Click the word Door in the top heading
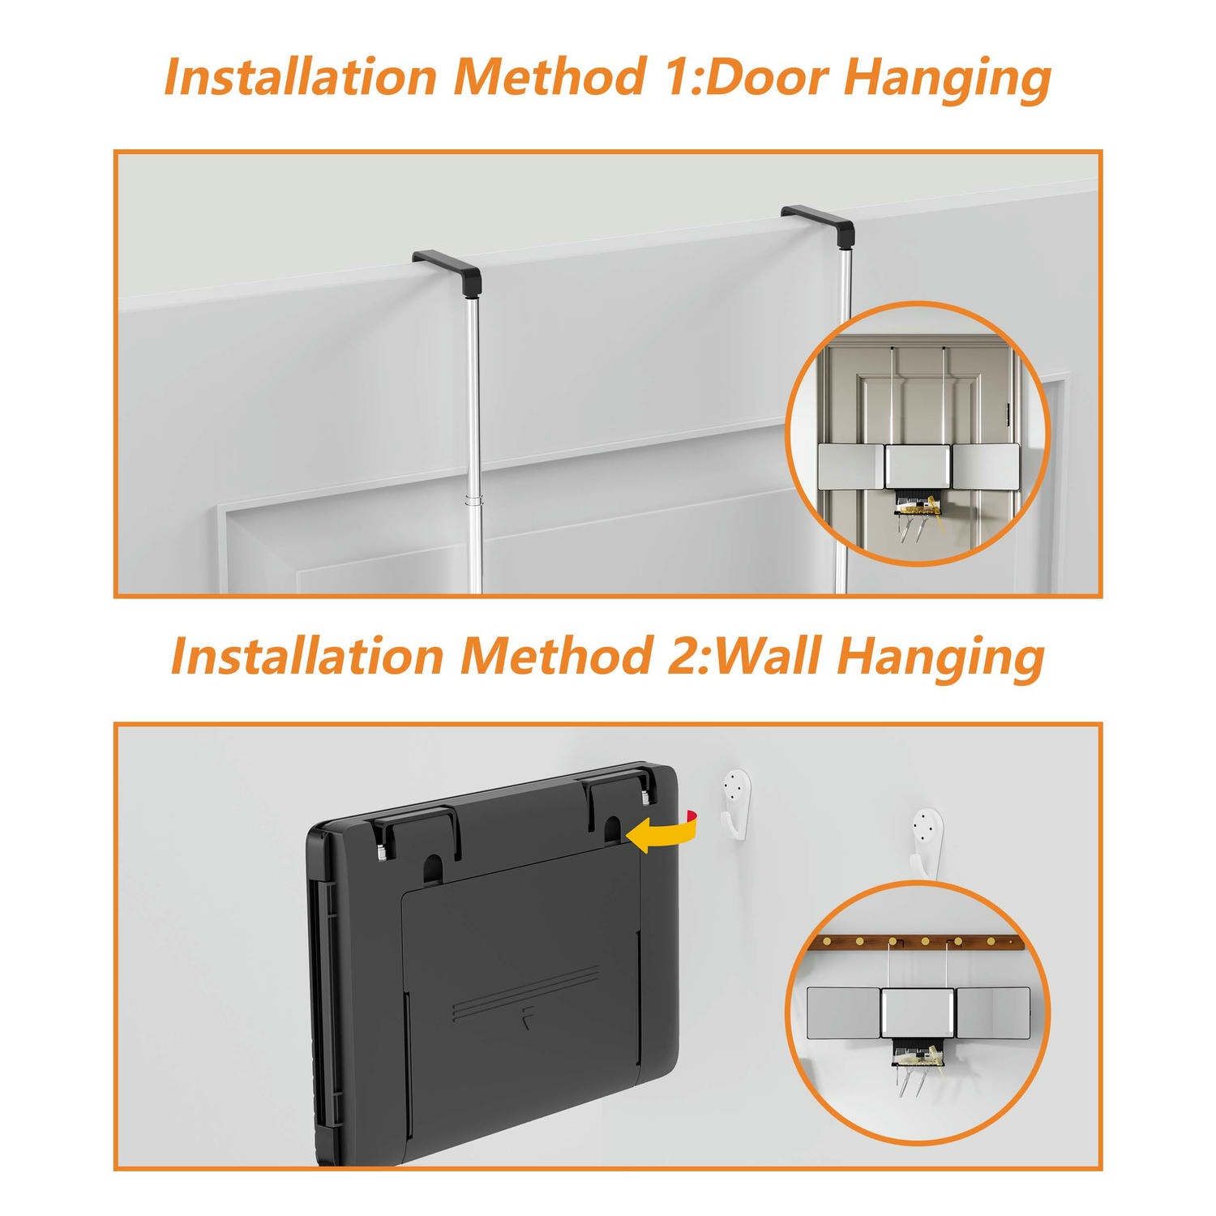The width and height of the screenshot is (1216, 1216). (769, 78)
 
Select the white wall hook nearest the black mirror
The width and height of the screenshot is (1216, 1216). (736, 803)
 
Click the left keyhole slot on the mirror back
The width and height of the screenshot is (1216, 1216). (435, 867)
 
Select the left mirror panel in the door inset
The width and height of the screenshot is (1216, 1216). (850, 467)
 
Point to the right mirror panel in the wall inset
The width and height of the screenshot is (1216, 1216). (993, 1013)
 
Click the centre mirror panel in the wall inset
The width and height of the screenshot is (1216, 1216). (918, 1013)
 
